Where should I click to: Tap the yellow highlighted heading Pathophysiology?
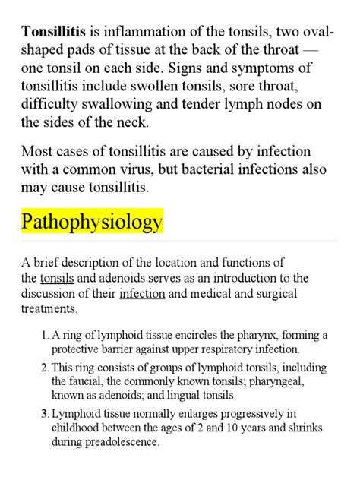coord(92,222)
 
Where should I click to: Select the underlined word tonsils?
coord(57,278)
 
